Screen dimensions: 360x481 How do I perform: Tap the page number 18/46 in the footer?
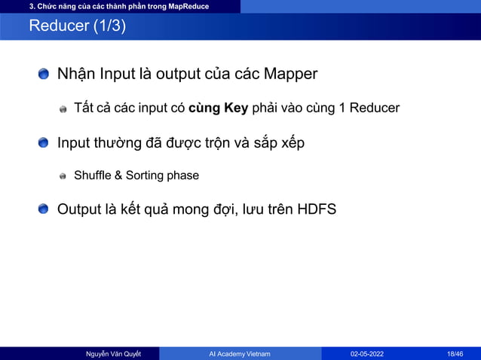(x=455, y=353)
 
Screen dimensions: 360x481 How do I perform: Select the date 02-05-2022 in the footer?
(x=368, y=353)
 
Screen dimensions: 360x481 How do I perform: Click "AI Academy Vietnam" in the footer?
(x=240, y=353)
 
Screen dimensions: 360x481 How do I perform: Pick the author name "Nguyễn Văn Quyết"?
(x=113, y=353)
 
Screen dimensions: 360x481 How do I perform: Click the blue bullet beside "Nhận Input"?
(x=44, y=74)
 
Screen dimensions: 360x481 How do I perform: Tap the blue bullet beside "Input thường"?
(x=44, y=142)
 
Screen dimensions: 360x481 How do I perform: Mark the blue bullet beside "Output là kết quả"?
(x=44, y=209)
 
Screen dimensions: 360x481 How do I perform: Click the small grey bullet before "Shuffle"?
(x=63, y=176)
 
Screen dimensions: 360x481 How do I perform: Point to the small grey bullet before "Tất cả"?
(x=63, y=108)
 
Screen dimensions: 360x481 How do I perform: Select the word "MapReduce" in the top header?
(x=188, y=7)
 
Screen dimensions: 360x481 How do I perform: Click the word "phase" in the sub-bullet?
(x=183, y=176)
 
